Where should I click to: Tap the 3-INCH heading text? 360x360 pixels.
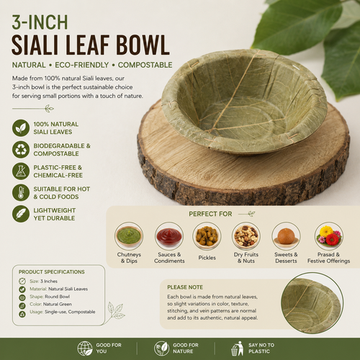(x=40, y=22)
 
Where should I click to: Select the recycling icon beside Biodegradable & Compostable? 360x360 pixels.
(x=21, y=150)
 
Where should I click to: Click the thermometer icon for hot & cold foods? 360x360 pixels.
(x=21, y=192)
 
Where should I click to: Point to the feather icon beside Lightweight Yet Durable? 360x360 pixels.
(x=21, y=214)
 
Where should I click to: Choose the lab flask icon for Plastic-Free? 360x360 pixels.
(x=21, y=171)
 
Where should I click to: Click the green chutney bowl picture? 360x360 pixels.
(x=129, y=236)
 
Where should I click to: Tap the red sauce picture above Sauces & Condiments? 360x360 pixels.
(x=169, y=236)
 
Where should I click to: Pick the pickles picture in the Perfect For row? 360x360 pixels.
(x=207, y=236)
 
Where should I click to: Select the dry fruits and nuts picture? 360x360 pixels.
(x=246, y=236)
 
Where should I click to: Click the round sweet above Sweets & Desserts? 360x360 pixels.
(x=286, y=236)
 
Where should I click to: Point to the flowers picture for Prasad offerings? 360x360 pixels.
(x=329, y=236)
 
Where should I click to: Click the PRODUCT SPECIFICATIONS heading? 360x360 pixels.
(x=52, y=272)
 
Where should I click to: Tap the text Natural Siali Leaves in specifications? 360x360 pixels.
(x=68, y=289)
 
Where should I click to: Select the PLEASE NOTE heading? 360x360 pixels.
(x=185, y=287)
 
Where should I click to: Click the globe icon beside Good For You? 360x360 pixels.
(x=85, y=348)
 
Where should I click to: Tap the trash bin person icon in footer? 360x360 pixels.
(x=237, y=348)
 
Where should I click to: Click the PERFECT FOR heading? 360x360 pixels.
(x=210, y=214)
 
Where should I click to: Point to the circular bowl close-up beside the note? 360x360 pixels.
(x=312, y=303)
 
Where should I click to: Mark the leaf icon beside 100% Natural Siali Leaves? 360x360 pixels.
(x=21, y=128)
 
